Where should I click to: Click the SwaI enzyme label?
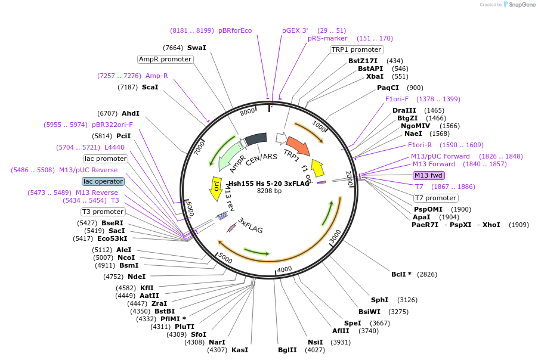(196, 48)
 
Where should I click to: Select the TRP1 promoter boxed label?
(356, 49)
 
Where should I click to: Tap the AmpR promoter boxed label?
(165, 59)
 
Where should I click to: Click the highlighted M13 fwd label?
(429, 175)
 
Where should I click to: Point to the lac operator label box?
(103, 181)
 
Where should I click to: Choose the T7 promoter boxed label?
(436, 198)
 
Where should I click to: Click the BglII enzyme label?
(287, 350)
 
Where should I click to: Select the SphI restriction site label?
(379, 300)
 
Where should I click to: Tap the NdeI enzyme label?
(136, 277)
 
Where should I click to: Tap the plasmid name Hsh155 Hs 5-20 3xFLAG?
(269, 184)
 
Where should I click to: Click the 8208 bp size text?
(269, 191)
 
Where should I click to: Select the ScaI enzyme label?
(150, 87)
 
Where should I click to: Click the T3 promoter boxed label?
(103, 212)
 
